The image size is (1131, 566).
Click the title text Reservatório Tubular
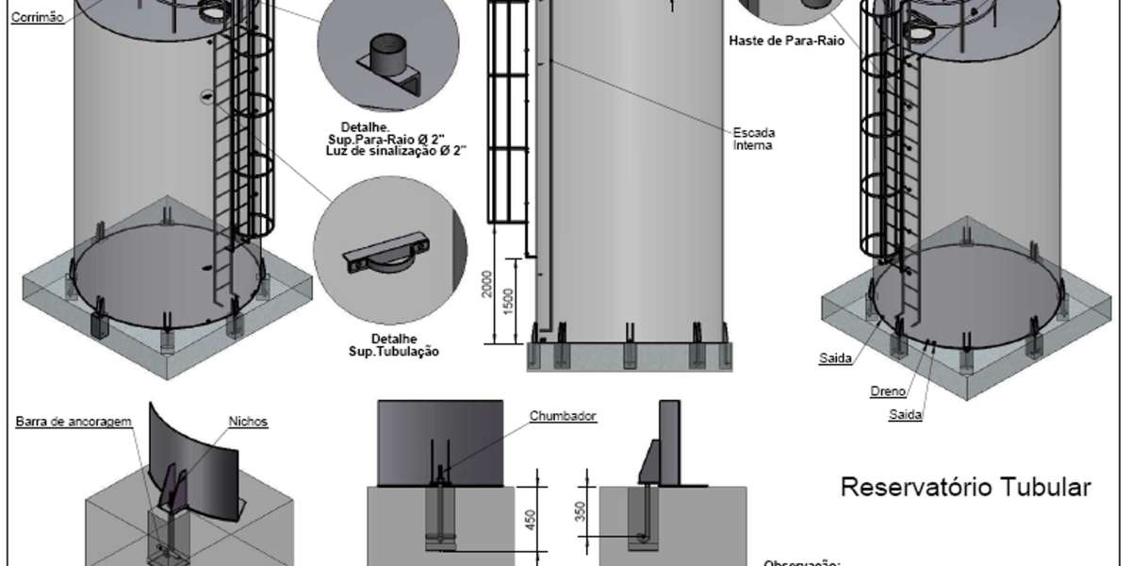click(964, 488)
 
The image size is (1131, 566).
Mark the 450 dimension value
click(531, 519)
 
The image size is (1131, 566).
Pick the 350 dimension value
click(581, 510)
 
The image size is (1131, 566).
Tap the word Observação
click(799, 562)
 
